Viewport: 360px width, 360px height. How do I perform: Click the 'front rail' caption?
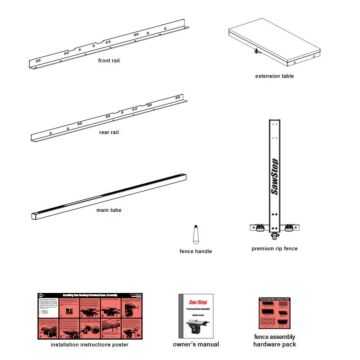[x=110, y=63]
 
